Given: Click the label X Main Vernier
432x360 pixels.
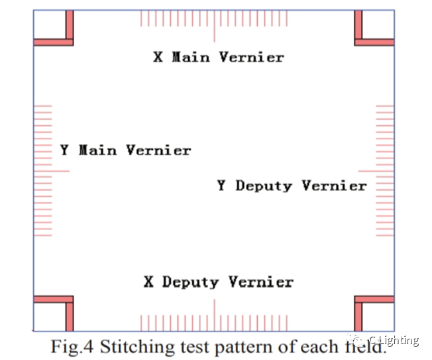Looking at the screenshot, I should click(x=219, y=58).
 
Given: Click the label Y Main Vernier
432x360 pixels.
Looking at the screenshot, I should click(x=125, y=150).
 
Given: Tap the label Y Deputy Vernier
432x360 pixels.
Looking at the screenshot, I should click(x=292, y=186).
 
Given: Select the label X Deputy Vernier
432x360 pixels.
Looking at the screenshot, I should click(x=218, y=282).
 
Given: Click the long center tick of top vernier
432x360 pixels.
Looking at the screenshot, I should click(x=214, y=27).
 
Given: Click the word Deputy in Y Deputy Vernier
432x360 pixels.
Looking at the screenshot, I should click(x=263, y=186).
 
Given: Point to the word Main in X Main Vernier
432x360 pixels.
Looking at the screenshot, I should click(x=192, y=58).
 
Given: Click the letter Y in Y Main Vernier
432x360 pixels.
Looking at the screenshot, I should click(x=64, y=150).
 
